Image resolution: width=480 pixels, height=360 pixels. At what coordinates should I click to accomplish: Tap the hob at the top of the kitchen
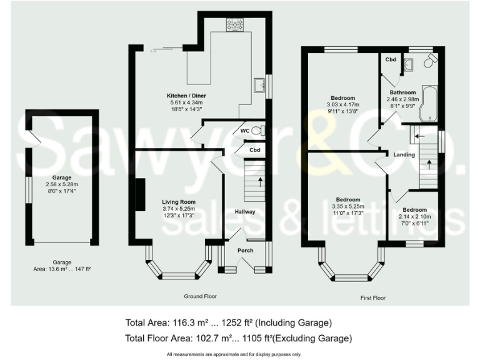click(x=235, y=24)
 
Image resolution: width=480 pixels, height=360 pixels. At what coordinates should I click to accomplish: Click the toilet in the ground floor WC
click(x=261, y=131)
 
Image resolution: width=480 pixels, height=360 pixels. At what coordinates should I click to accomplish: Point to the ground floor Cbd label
click(x=254, y=151)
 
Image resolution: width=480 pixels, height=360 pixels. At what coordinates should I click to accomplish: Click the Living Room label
click(x=179, y=202)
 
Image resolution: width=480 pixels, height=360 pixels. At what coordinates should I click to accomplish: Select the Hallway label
click(x=245, y=212)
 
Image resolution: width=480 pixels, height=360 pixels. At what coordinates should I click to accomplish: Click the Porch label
click(x=245, y=251)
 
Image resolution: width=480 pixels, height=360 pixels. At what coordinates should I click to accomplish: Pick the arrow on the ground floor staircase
click(x=260, y=182)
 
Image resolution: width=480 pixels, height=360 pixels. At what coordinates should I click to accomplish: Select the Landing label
click(x=404, y=154)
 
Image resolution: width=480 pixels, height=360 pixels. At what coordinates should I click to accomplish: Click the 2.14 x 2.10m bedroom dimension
click(x=414, y=216)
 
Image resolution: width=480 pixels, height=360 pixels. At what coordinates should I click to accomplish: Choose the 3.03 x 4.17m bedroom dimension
click(x=343, y=104)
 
